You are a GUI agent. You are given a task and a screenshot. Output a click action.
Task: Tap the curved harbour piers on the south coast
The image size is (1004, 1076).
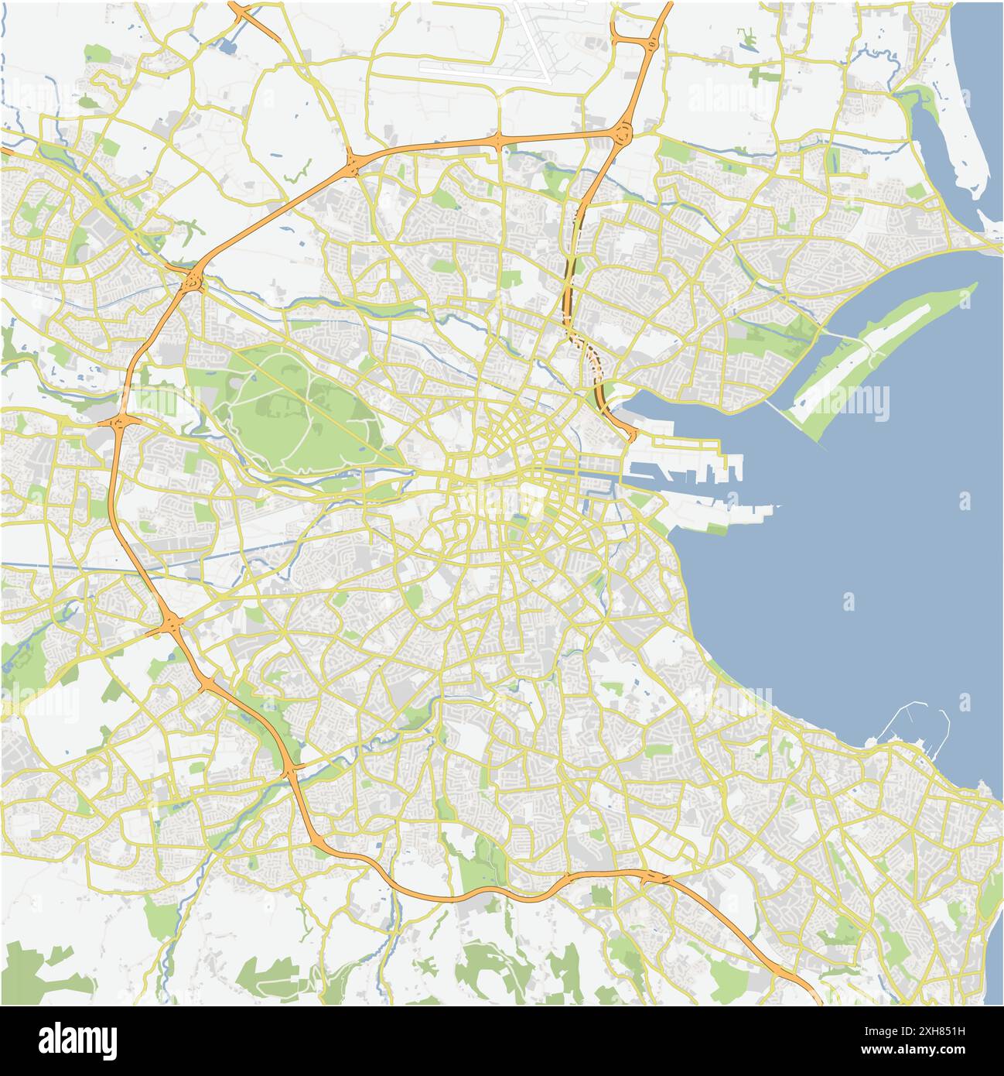pos(920,728)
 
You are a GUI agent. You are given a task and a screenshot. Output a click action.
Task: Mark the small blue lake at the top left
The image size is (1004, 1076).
pos(229,46)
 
